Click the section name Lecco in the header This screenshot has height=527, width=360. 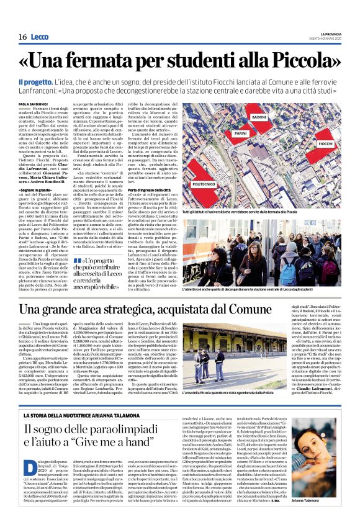point(41,37)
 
